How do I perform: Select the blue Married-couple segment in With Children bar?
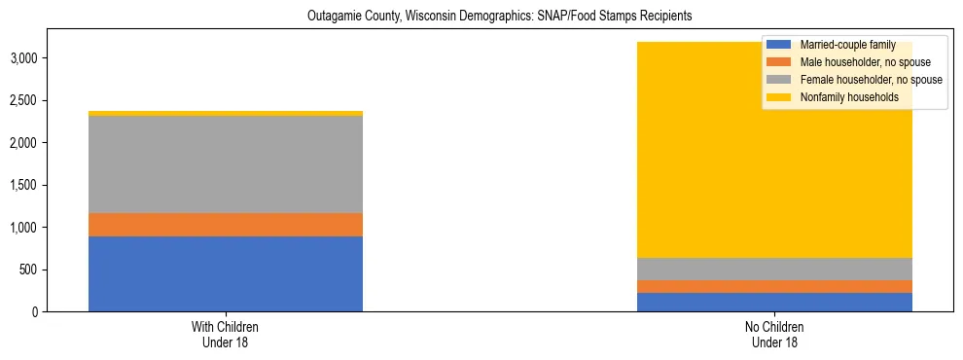(x=226, y=273)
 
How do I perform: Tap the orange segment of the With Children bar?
(x=226, y=225)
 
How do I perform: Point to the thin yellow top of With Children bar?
(x=226, y=113)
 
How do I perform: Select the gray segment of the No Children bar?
(x=774, y=269)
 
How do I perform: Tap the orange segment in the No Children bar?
(x=774, y=286)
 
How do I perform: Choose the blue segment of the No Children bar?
(x=774, y=302)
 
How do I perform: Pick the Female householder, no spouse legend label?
(x=870, y=80)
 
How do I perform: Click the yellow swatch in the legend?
(x=778, y=97)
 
